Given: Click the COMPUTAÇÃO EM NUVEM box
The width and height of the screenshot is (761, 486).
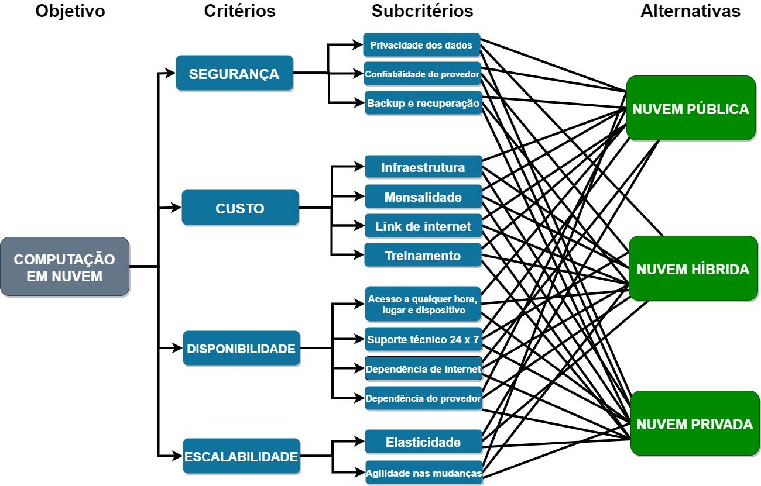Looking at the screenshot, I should point(64,267).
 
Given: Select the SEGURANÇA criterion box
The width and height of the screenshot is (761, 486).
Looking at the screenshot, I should point(234,74).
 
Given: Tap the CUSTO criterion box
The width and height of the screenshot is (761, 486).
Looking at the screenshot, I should point(240,208).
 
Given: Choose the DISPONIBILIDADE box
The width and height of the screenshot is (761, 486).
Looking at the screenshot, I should point(241,349).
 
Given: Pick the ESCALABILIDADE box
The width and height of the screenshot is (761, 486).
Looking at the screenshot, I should point(241,456).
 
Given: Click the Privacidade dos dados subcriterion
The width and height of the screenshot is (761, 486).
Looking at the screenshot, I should point(421,45).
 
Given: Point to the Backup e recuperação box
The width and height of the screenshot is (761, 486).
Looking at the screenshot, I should point(423,104).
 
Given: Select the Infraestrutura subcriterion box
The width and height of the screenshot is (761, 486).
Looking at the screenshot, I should point(423,167).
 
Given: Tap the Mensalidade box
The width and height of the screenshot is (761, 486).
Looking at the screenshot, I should point(423,197).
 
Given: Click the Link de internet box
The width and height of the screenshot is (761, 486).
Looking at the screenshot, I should point(423,226).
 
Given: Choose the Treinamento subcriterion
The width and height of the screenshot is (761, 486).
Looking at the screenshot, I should point(423,256).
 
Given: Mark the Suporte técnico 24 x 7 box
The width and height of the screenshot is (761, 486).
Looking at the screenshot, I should point(423,339).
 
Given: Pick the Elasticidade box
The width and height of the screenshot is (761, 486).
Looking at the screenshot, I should point(423,442).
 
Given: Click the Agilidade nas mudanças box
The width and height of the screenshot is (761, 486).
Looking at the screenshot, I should point(423,472).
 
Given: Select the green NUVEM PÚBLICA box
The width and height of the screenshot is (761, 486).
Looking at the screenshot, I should point(691,109).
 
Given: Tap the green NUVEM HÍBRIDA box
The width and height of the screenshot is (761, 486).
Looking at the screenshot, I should point(693,269).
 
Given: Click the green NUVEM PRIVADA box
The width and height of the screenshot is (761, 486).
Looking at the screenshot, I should point(694,424).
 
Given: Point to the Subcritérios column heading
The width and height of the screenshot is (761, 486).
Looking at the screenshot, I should point(422,11).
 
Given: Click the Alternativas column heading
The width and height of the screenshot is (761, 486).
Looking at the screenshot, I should point(690,11).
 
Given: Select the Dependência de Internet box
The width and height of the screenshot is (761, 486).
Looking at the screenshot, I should point(423,368).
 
